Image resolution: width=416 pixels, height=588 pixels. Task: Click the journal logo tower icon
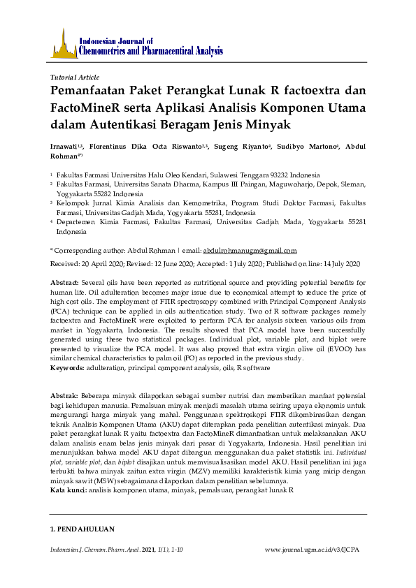[64, 44]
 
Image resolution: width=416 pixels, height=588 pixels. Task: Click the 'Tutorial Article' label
[76, 78]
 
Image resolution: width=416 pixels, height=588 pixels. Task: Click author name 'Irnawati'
[65, 147]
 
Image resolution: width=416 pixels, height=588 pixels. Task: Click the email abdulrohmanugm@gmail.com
[250, 250]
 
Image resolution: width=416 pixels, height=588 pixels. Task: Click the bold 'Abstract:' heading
[65, 281]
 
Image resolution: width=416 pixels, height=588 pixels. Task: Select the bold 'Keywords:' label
[69, 367]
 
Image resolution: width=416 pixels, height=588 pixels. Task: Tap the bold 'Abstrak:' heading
[65, 395]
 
